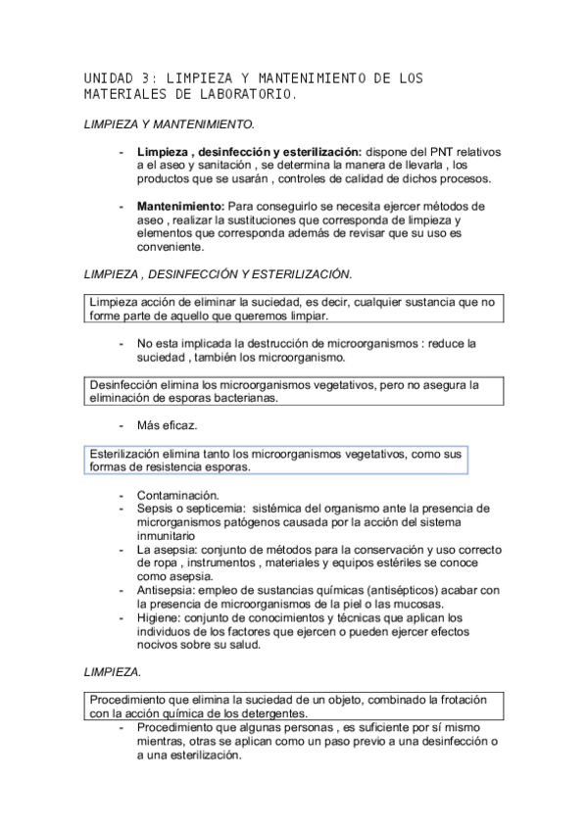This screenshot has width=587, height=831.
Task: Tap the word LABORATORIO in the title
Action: tap(243, 95)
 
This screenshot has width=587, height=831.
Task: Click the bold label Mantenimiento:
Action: tap(180, 207)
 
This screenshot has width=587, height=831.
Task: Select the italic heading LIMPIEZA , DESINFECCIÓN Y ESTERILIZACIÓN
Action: tap(219, 273)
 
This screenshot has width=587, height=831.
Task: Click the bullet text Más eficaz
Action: tap(168, 426)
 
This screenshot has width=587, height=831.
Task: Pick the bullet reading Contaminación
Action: tap(178, 495)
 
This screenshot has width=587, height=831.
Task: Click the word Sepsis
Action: tap(155, 509)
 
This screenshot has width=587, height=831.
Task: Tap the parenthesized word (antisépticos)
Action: tap(385, 590)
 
